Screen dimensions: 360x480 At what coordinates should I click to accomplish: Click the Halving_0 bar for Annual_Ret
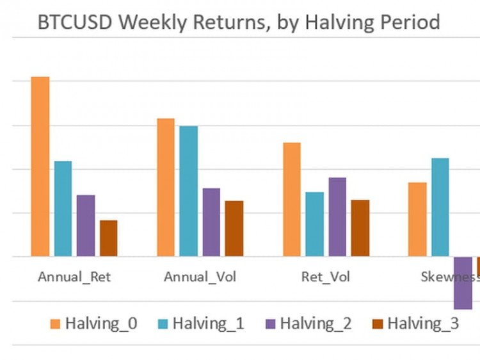40,167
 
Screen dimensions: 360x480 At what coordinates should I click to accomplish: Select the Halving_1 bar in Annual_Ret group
63,209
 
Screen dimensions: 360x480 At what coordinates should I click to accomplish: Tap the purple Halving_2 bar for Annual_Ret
86,225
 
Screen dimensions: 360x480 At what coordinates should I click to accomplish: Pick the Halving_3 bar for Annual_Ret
108,238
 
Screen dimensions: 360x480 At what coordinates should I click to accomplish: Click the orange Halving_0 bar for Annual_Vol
166,188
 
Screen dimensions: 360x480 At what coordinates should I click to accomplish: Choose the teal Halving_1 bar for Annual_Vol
188,192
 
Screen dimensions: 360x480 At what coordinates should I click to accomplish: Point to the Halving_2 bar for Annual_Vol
211,222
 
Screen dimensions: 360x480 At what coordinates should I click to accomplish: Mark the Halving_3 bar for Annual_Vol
234,229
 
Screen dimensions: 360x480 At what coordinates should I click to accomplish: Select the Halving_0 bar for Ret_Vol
292,199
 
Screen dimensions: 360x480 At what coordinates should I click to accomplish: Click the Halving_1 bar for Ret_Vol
314,224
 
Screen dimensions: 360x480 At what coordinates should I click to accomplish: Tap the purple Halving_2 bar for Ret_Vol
337,217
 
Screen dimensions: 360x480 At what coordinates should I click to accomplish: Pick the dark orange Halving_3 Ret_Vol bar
360,228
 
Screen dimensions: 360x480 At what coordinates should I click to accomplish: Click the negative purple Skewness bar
463,283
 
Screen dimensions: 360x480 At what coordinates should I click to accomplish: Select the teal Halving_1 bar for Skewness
440,208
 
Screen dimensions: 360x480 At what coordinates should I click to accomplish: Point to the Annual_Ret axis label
74,277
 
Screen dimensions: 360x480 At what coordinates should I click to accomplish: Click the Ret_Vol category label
326,277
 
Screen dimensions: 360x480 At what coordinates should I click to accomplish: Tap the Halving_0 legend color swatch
54,323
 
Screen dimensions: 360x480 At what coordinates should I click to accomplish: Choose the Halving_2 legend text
316,323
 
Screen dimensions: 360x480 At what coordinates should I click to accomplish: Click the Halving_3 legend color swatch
377,323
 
